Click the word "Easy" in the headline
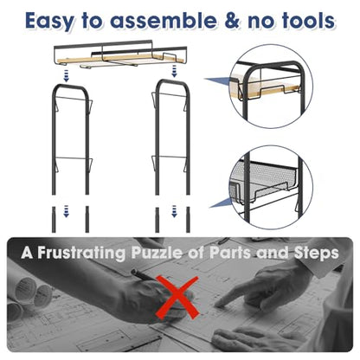[49, 21]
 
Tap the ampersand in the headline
[232, 21]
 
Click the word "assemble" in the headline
[163, 21]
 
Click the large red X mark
[177, 298]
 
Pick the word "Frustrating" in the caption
[81, 253]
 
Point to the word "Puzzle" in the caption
[157, 253]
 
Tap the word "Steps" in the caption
[317, 254]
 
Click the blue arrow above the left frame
[67, 75]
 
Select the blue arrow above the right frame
[174, 71]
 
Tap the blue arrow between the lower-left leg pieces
[67, 211]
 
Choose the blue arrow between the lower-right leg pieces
[174, 211]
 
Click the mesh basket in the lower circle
[263, 181]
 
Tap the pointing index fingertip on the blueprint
[218, 303]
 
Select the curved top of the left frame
[70, 87]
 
